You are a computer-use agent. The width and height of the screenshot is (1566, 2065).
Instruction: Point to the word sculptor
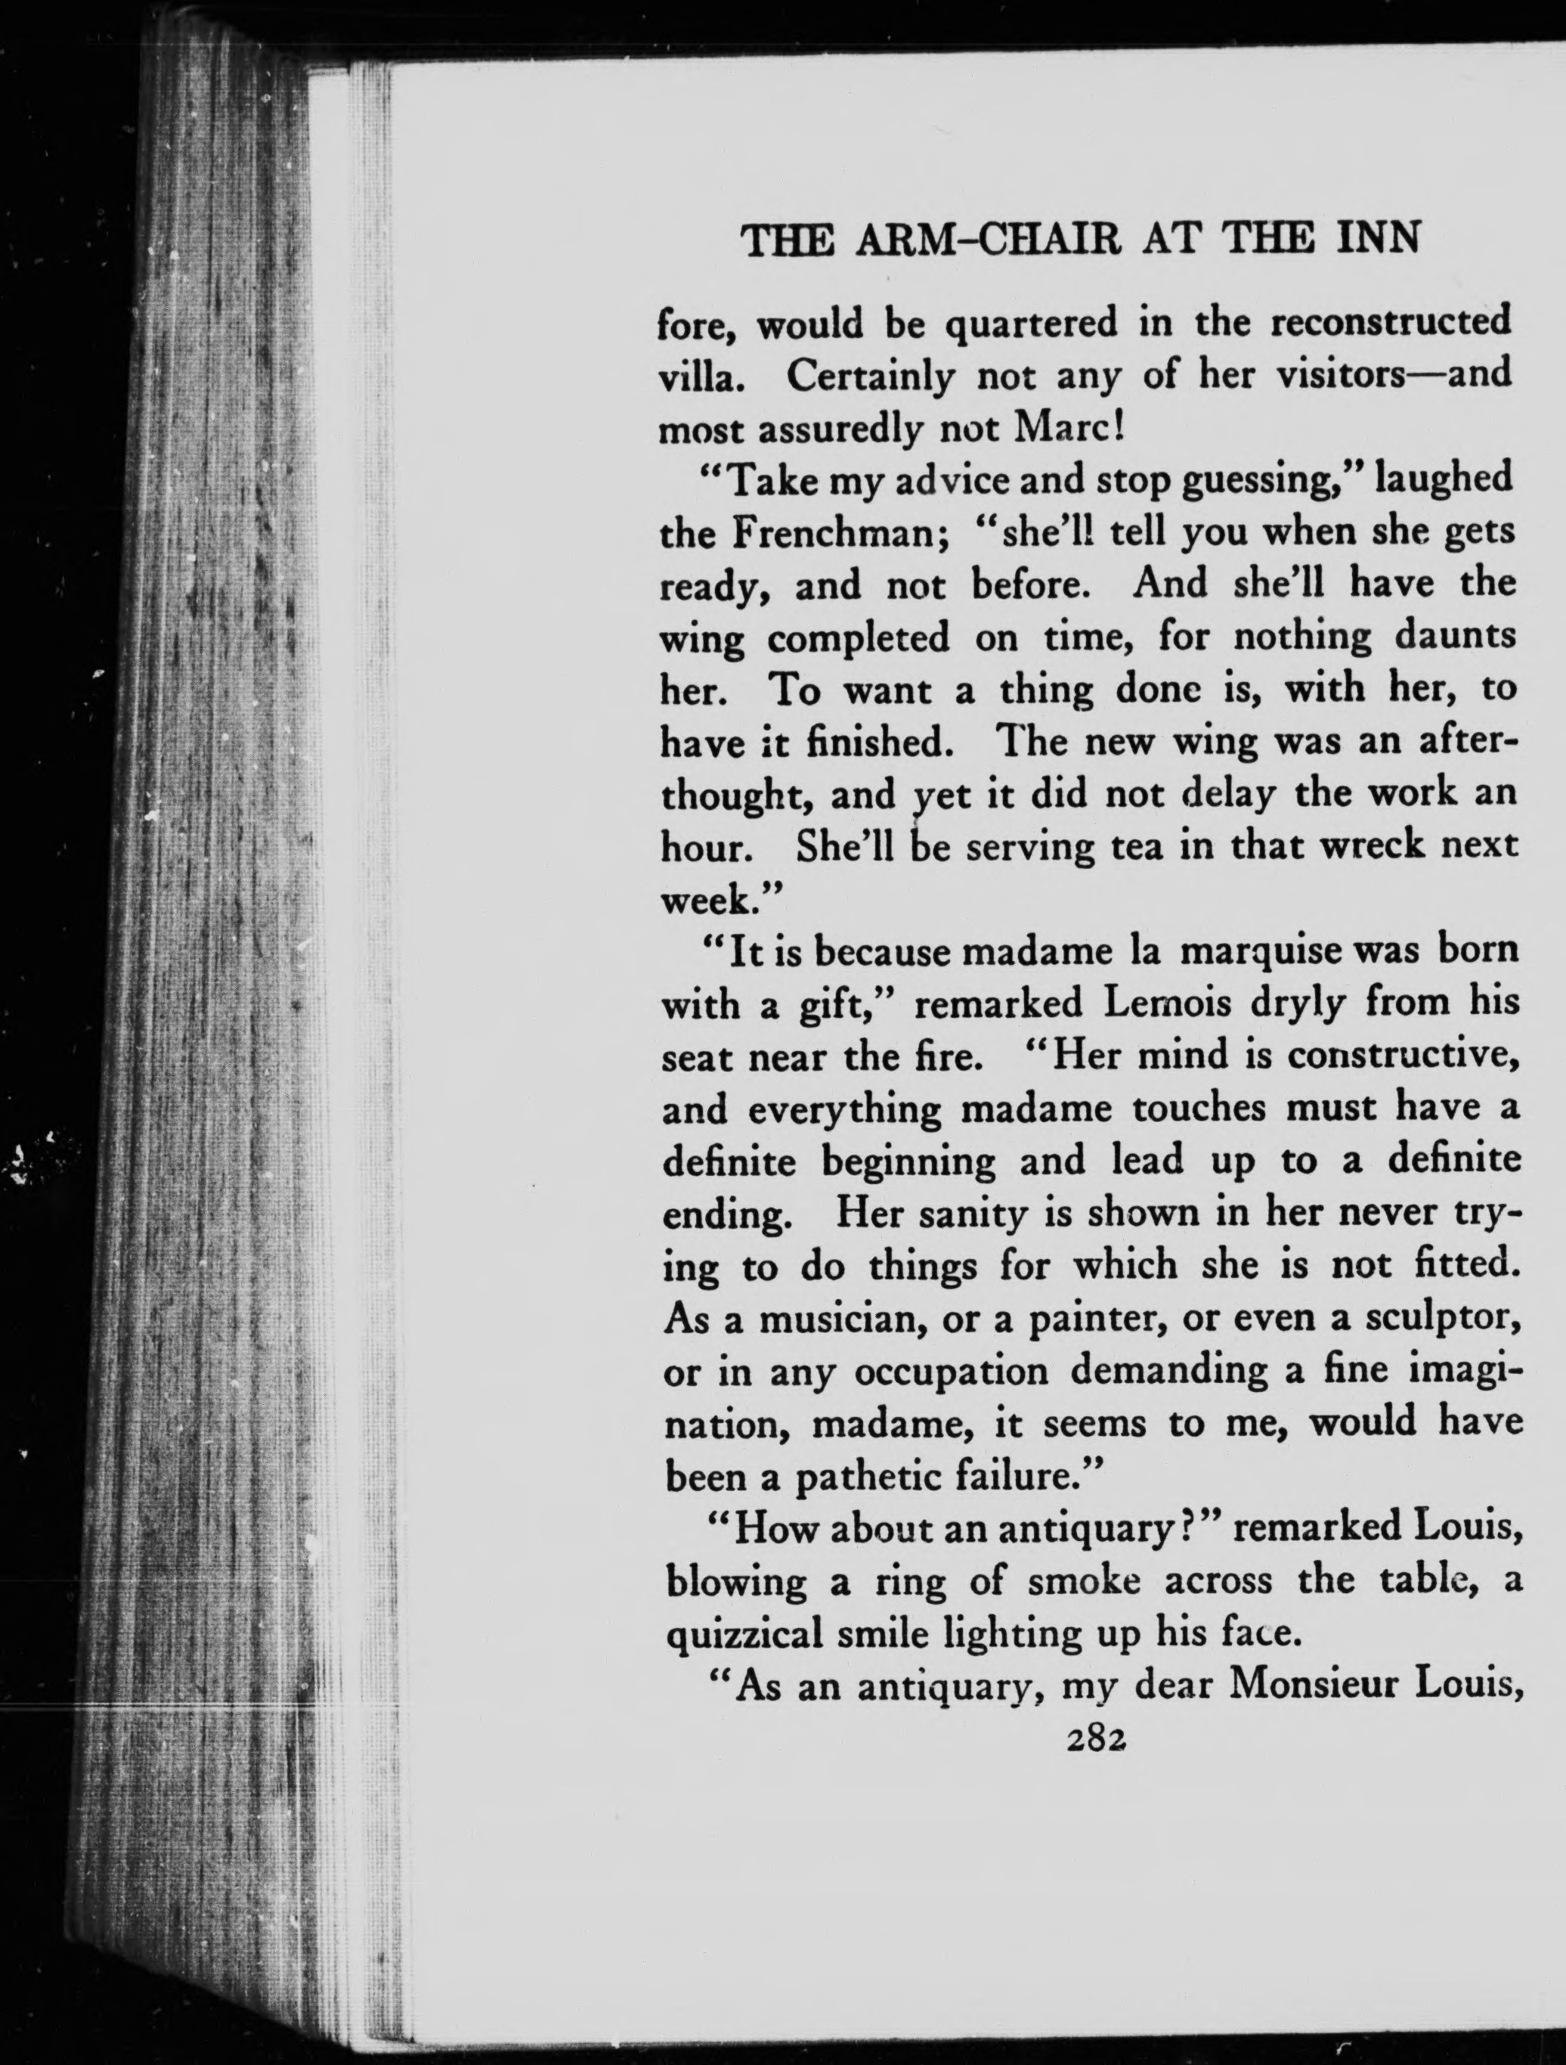pos(1441,1321)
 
